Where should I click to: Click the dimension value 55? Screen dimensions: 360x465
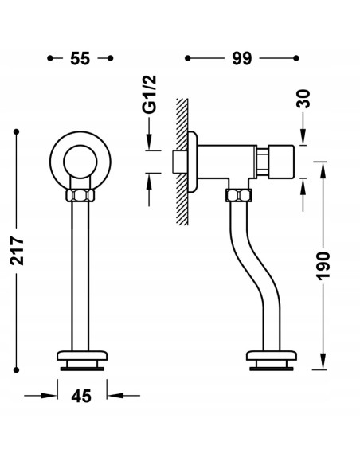pos(80,58)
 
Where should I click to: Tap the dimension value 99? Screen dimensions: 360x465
pos(241,58)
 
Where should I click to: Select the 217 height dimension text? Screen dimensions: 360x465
pos(17,251)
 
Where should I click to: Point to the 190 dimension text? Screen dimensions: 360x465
pos(323,266)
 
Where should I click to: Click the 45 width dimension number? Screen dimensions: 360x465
pos(81,396)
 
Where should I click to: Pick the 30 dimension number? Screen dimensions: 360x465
pos(303,99)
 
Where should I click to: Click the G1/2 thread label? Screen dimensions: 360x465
pos(149,94)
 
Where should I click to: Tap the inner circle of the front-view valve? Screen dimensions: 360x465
pos(80,162)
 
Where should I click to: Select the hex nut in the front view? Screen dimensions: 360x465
pos(80,195)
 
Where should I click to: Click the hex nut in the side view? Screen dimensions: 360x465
pos(239,195)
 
